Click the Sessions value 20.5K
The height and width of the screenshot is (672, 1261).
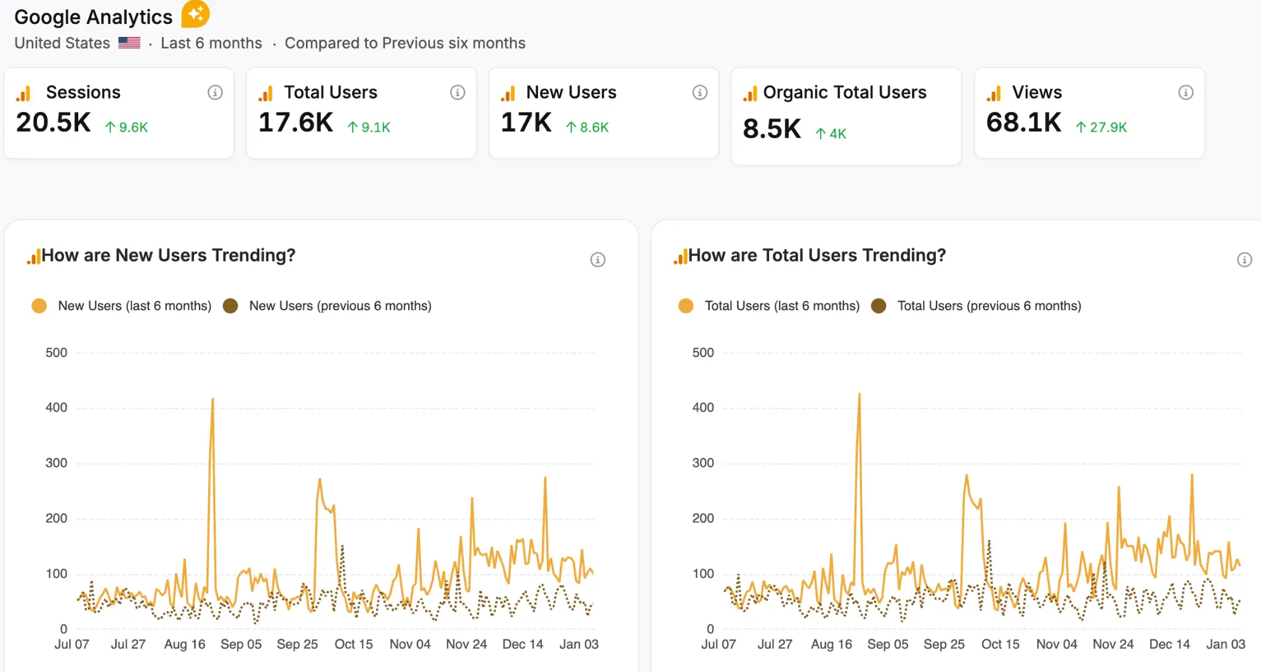(54, 122)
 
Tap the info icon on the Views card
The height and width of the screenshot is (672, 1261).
(1185, 92)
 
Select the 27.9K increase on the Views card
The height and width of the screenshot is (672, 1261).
(1102, 127)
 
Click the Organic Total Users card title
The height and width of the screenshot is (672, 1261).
(844, 92)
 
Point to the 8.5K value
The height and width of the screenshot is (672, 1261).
(772, 129)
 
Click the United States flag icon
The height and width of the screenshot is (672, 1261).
(129, 43)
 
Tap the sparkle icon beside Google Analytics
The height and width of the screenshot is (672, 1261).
(195, 14)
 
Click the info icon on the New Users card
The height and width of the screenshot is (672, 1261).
(699, 92)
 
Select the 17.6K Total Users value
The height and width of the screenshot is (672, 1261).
(296, 122)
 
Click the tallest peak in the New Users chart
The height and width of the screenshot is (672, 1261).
(212, 400)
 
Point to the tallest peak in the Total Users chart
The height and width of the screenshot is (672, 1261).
(859, 395)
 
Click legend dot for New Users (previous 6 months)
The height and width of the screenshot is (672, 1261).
(230, 306)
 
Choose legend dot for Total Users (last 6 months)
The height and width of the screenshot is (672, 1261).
(685, 306)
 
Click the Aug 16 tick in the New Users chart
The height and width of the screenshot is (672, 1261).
(185, 644)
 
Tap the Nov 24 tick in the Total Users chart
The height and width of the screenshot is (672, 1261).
(1113, 644)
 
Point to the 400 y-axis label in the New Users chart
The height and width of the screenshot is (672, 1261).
(56, 407)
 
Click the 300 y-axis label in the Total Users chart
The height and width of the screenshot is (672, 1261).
(703, 463)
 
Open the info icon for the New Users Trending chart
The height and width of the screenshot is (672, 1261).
(597, 260)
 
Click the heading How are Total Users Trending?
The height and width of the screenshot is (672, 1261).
(816, 255)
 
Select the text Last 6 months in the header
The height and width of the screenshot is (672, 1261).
(211, 43)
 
